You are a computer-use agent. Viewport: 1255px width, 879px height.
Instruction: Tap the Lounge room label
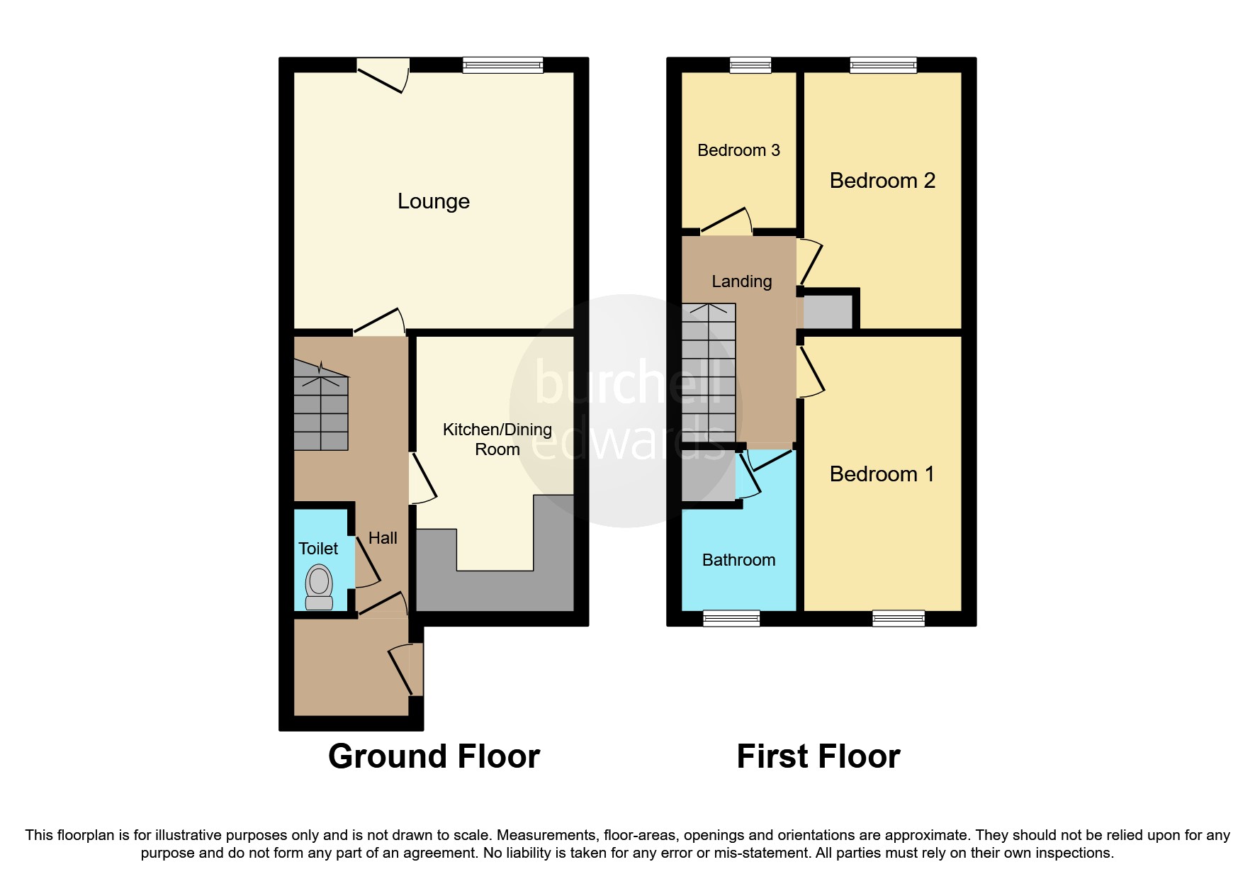(433, 201)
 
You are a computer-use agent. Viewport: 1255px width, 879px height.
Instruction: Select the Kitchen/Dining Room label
(497, 439)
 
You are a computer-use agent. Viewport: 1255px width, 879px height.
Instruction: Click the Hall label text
(383, 538)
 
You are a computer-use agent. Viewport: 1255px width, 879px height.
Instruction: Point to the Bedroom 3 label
(738, 150)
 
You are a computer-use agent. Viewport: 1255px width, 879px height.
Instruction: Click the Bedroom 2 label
(882, 181)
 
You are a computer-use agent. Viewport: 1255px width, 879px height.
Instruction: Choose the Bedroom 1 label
(882, 474)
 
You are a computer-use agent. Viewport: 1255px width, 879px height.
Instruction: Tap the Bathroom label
(738, 560)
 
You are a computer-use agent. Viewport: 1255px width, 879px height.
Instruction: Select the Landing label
(741, 281)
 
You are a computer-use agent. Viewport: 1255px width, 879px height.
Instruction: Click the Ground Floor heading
(434, 756)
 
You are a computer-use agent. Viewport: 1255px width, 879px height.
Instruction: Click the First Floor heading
(818, 756)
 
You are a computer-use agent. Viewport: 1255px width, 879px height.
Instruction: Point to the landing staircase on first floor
(709, 372)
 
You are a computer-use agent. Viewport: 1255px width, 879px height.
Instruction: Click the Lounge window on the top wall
(502, 65)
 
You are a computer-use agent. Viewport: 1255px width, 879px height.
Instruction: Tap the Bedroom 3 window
(750, 65)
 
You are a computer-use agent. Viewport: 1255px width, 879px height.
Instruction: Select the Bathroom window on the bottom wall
(731, 619)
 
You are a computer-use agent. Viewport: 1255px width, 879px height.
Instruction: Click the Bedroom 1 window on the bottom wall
(899, 619)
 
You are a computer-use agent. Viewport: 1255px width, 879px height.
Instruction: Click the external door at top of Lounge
(383, 74)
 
